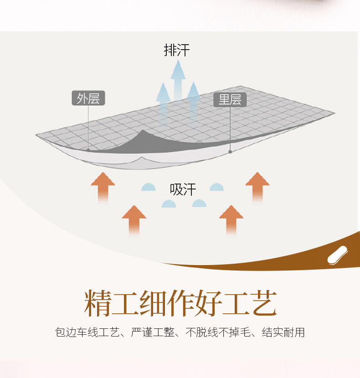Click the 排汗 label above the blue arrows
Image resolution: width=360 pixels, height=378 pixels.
[x=177, y=50]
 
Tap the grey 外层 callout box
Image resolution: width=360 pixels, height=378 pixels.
[x=88, y=98]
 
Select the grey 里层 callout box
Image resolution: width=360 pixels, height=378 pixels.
[x=230, y=100]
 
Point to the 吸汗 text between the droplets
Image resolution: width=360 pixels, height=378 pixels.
[x=183, y=189]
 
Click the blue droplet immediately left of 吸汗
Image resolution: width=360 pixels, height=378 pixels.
[x=149, y=187]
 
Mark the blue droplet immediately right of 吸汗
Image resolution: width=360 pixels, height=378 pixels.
[x=216, y=187]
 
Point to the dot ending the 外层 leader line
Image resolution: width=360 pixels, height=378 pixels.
[x=88, y=149]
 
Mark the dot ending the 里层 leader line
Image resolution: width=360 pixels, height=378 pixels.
[x=230, y=152]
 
